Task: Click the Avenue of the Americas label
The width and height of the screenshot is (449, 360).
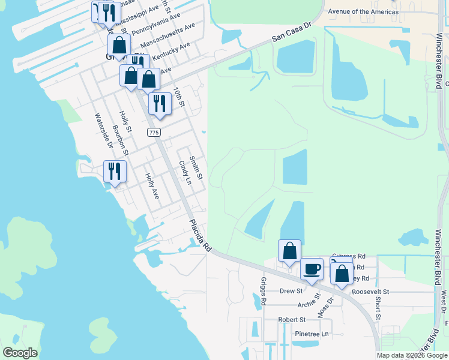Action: (x=363, y=12)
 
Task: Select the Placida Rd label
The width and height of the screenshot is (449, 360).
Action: (x=200, y=235)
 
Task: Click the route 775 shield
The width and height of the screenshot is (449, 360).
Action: (x=153, y=132)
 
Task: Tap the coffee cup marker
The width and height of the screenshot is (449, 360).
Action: (x=312, y=269)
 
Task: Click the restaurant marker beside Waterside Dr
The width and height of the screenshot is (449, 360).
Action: (x=114, y=172)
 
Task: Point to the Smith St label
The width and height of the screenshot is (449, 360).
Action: (x=196, y=169)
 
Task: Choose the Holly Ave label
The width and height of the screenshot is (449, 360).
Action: (x=152, y=186)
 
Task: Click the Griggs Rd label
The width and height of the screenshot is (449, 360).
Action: (x=263, y=292)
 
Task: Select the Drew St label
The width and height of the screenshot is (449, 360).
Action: (x=291, y=291)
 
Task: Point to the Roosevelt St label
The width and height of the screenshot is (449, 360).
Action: (x=370, y=292)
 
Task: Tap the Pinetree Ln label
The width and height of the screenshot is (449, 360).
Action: (x=309, y=334)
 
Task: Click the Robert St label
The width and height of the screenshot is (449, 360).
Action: (x=292, y=320)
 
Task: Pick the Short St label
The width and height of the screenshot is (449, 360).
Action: (x=378, y=308)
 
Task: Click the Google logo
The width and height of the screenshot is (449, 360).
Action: (x=20, y=352)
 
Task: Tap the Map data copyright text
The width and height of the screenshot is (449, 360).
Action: (x=411, y=355)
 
